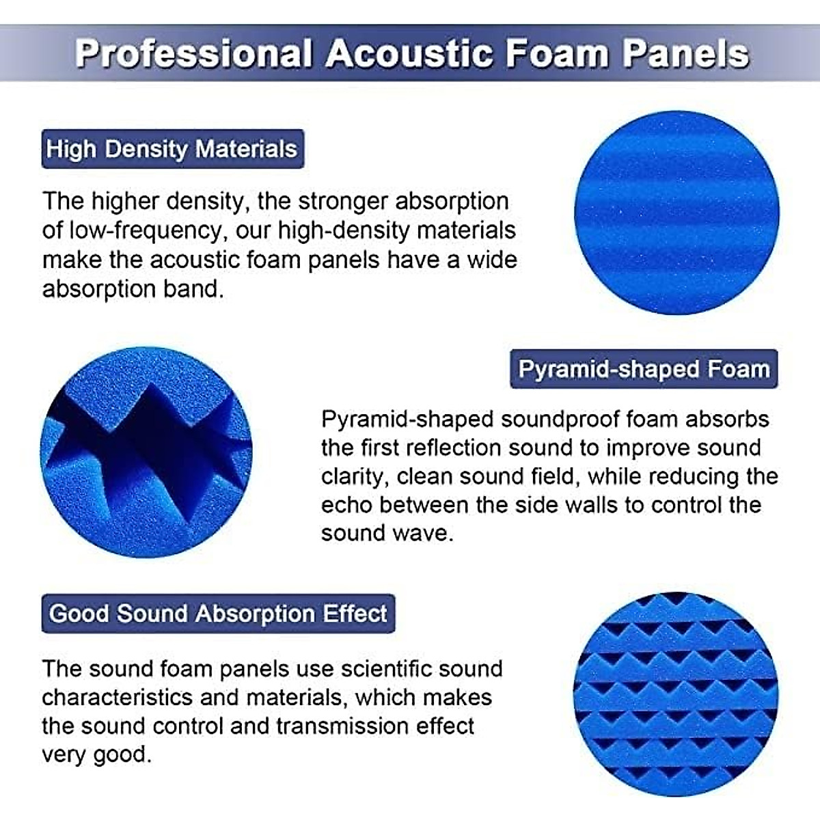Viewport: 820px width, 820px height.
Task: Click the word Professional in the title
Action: click(193, 54)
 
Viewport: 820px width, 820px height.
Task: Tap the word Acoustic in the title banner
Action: click(409, 54)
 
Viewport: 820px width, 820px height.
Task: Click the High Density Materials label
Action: click(172, 149)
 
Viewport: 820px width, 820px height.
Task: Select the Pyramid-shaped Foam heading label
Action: click(644, 369)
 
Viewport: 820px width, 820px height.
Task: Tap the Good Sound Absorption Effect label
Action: click(218, 613)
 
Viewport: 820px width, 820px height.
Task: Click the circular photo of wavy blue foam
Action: click(676, 213)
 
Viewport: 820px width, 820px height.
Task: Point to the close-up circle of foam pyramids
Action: click(146, 452)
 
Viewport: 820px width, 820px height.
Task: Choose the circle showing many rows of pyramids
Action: click(676, 694)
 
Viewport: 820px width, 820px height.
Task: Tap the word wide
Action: click(492, 260)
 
